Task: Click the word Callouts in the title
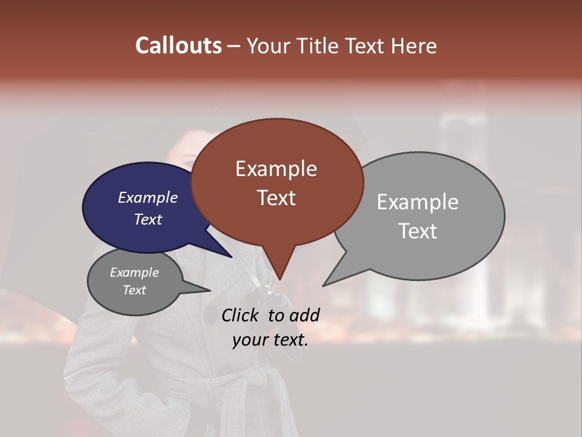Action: click(178, 46)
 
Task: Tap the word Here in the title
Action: click(415, 46)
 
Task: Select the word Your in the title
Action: click(267, 46)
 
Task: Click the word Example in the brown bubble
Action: click(276, 169)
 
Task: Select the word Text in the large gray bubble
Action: click(418, 231)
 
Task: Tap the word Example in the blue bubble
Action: click(147, 197)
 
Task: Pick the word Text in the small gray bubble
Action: click(134, 290)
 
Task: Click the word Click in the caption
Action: click(241, 315)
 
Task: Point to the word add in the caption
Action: click(304, 315)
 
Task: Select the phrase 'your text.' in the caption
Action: click(270, 340)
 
